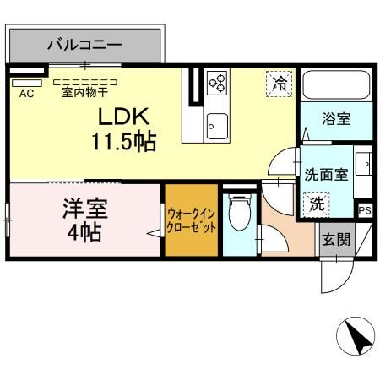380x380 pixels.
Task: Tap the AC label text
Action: [x=25, y=93]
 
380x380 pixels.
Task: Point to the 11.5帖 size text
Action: [x=125, y=141]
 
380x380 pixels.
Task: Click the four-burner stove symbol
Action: [x=217, y=83]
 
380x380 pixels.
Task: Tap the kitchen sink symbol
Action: [x=217, y=123]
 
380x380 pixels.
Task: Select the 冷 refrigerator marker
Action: [x=278, y=83]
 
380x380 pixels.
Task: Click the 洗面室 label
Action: [x=326, y=175]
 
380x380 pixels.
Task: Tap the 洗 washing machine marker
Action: [x=315, y=203]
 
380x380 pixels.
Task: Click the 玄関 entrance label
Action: [x=336, y=239]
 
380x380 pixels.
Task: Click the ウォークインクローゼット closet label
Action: [x=192, y=221]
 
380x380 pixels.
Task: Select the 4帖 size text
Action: [x=84, y=232]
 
